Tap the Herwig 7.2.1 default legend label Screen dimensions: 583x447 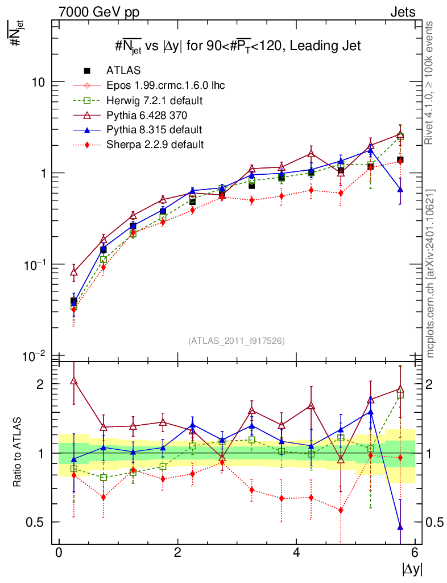click(154, 101)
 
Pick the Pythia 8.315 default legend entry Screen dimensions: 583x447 click(154, 130)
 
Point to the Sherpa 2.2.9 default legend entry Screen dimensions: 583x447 click(154, 144)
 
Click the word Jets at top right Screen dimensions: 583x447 click(402, 12)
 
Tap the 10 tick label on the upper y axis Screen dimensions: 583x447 click(37, 82)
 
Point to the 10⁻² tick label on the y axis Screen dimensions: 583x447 click(34, 356)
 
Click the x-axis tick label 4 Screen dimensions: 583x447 click(296, 553)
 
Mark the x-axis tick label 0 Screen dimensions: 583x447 click(59, 553)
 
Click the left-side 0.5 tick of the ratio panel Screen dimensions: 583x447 click(38, 522)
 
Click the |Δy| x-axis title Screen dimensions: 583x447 click(411, 568)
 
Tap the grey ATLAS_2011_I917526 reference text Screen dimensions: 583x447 click(237, 341)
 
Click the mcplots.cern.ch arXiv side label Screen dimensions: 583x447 click(431, 273)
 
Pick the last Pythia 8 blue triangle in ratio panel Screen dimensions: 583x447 click(400, 527)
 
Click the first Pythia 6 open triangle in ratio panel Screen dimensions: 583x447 click(74, 381)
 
